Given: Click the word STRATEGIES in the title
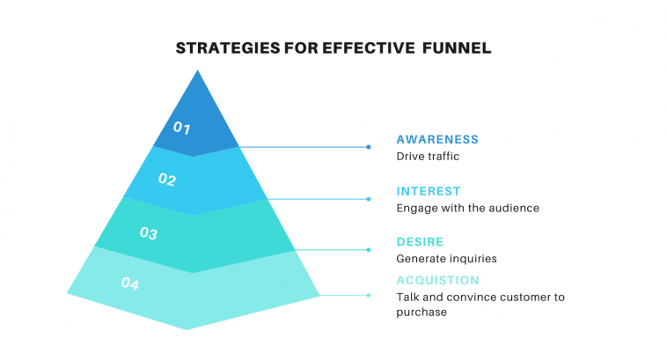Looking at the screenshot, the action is point(228,48).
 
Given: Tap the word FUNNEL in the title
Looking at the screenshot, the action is point(457,48).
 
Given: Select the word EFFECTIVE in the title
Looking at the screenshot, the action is point(369,48).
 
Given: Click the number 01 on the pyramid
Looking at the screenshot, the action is point(181,128).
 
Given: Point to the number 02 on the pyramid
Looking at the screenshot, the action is point(167,180).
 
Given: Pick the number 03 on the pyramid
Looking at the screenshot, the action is point(149,233).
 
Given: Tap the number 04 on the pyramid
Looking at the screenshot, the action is point(129,283).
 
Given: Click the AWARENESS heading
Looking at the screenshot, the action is point(437,140).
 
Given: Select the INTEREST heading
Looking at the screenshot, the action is point(429,192).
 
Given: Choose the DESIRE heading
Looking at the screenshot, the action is point(420,242).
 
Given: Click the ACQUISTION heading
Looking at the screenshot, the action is point(437,281).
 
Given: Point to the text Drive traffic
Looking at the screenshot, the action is point(428,157).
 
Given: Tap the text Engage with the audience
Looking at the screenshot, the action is point(467,209).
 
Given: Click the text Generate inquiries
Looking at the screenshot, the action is point(446,259).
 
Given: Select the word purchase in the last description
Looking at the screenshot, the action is point(421,312).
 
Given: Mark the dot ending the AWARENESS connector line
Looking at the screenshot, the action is point(369,147).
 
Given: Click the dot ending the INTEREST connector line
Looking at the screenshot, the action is point(369,199).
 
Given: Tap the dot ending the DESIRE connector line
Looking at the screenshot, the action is point(369,250).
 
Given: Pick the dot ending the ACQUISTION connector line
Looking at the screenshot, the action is point(369,296).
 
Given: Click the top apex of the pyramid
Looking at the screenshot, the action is point(197,70).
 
